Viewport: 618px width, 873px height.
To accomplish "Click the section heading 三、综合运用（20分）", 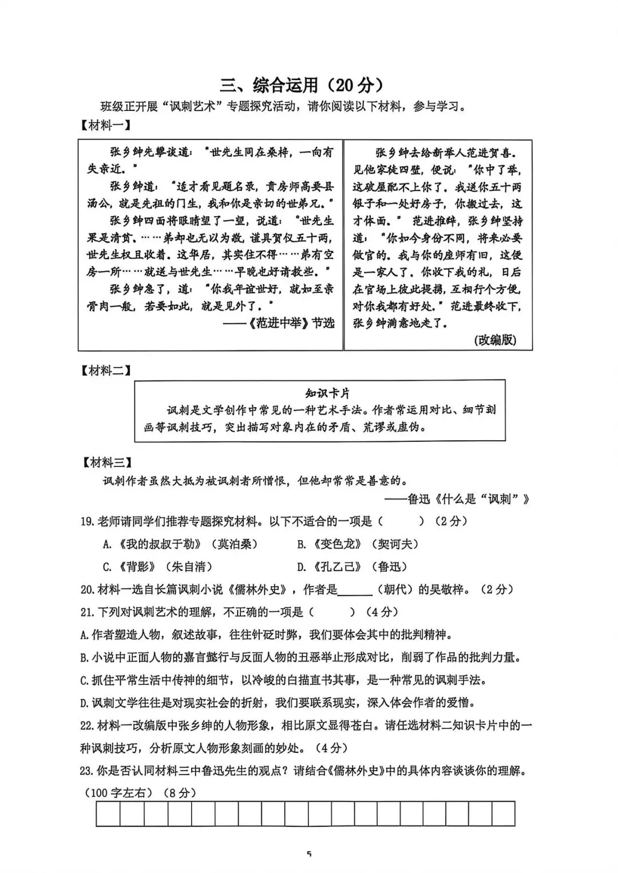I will pos(302,85).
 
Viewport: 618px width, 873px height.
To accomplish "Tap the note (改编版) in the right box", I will pos(495,340).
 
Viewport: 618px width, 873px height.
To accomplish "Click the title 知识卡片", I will pos(327,393).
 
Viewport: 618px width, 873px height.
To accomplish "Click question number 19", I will pos(86,521).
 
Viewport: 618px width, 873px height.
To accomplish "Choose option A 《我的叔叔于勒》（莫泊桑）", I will pos(180,544).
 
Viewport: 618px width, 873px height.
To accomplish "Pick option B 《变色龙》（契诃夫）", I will pos(358,544).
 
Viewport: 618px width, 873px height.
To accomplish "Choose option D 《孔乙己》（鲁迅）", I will pos(352,567).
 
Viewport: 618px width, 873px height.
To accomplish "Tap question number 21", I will pos(86,612).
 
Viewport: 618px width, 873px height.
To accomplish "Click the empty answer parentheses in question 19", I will pos(401,521).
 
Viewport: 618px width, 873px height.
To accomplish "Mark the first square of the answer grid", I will pos(108,814).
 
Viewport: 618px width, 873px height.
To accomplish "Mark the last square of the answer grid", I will pos(503,814).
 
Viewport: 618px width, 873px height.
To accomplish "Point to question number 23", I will pos(86,771).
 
